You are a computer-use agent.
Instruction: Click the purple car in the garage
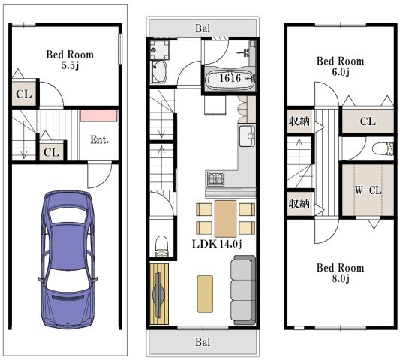[68, 259]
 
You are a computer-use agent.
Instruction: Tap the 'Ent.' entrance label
[100, 139]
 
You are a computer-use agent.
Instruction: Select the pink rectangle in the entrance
[99, 115]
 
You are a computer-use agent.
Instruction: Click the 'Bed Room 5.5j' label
[70, 60]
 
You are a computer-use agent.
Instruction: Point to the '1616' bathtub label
[230, 78]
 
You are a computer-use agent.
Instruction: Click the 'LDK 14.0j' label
[217, 244]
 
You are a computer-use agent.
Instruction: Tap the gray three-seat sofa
[243, 290]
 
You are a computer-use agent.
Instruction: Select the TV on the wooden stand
[158, 294]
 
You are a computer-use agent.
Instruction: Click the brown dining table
[225, 219]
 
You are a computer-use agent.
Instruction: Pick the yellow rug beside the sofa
[205, 294]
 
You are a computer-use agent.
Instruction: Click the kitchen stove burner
[216, 178]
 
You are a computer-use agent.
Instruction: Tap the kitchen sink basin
[247, 136]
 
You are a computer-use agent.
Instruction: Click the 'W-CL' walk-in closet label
[368, 190]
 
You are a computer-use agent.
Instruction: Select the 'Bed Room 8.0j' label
[340, 273]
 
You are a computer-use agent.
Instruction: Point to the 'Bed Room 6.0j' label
[340, 66]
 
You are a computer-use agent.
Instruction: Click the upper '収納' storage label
[299, 121]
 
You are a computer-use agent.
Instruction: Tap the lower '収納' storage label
[299, 204]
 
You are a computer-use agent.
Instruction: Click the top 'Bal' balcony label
[203, 28]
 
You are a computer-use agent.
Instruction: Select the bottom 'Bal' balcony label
[203, 342]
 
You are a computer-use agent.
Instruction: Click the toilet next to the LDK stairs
[162, 246]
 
